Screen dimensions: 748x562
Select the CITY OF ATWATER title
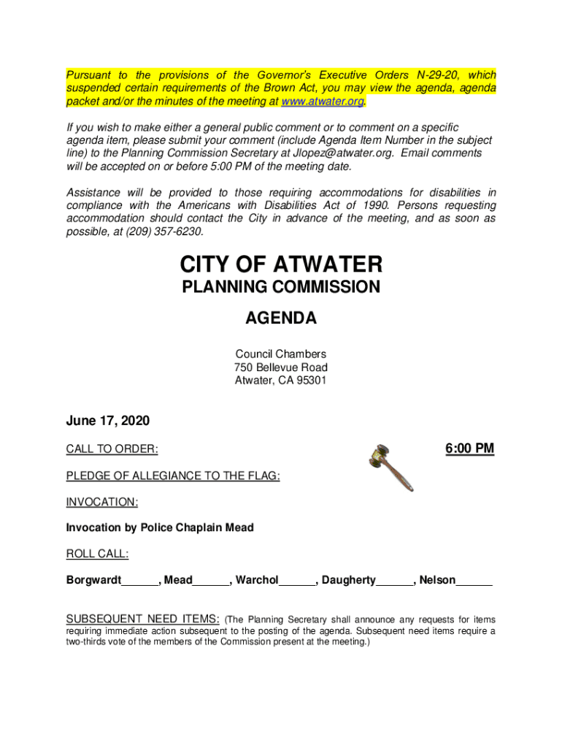click(x=280, y=264)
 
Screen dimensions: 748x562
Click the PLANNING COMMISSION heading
click(x=280, y=287)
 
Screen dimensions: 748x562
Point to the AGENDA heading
click(x=280, y=318)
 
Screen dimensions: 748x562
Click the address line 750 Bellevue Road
click(x=280, y=367)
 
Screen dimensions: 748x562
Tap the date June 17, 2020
click(x=107, y=421)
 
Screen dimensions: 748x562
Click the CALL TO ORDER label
click(x=112, y=448)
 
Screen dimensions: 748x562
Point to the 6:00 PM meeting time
click(x=469, y=448)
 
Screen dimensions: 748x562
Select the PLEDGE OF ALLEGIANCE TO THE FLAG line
click(x=173, y=476)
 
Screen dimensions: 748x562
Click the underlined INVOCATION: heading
click(x=102, y=503)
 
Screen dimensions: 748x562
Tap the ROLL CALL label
click(x=97, y=554)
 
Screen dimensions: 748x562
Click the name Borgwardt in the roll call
click(x=93, y=581)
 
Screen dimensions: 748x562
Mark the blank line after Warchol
click(x=297, y=582)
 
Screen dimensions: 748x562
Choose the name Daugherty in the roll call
click(x=348, y=581)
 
